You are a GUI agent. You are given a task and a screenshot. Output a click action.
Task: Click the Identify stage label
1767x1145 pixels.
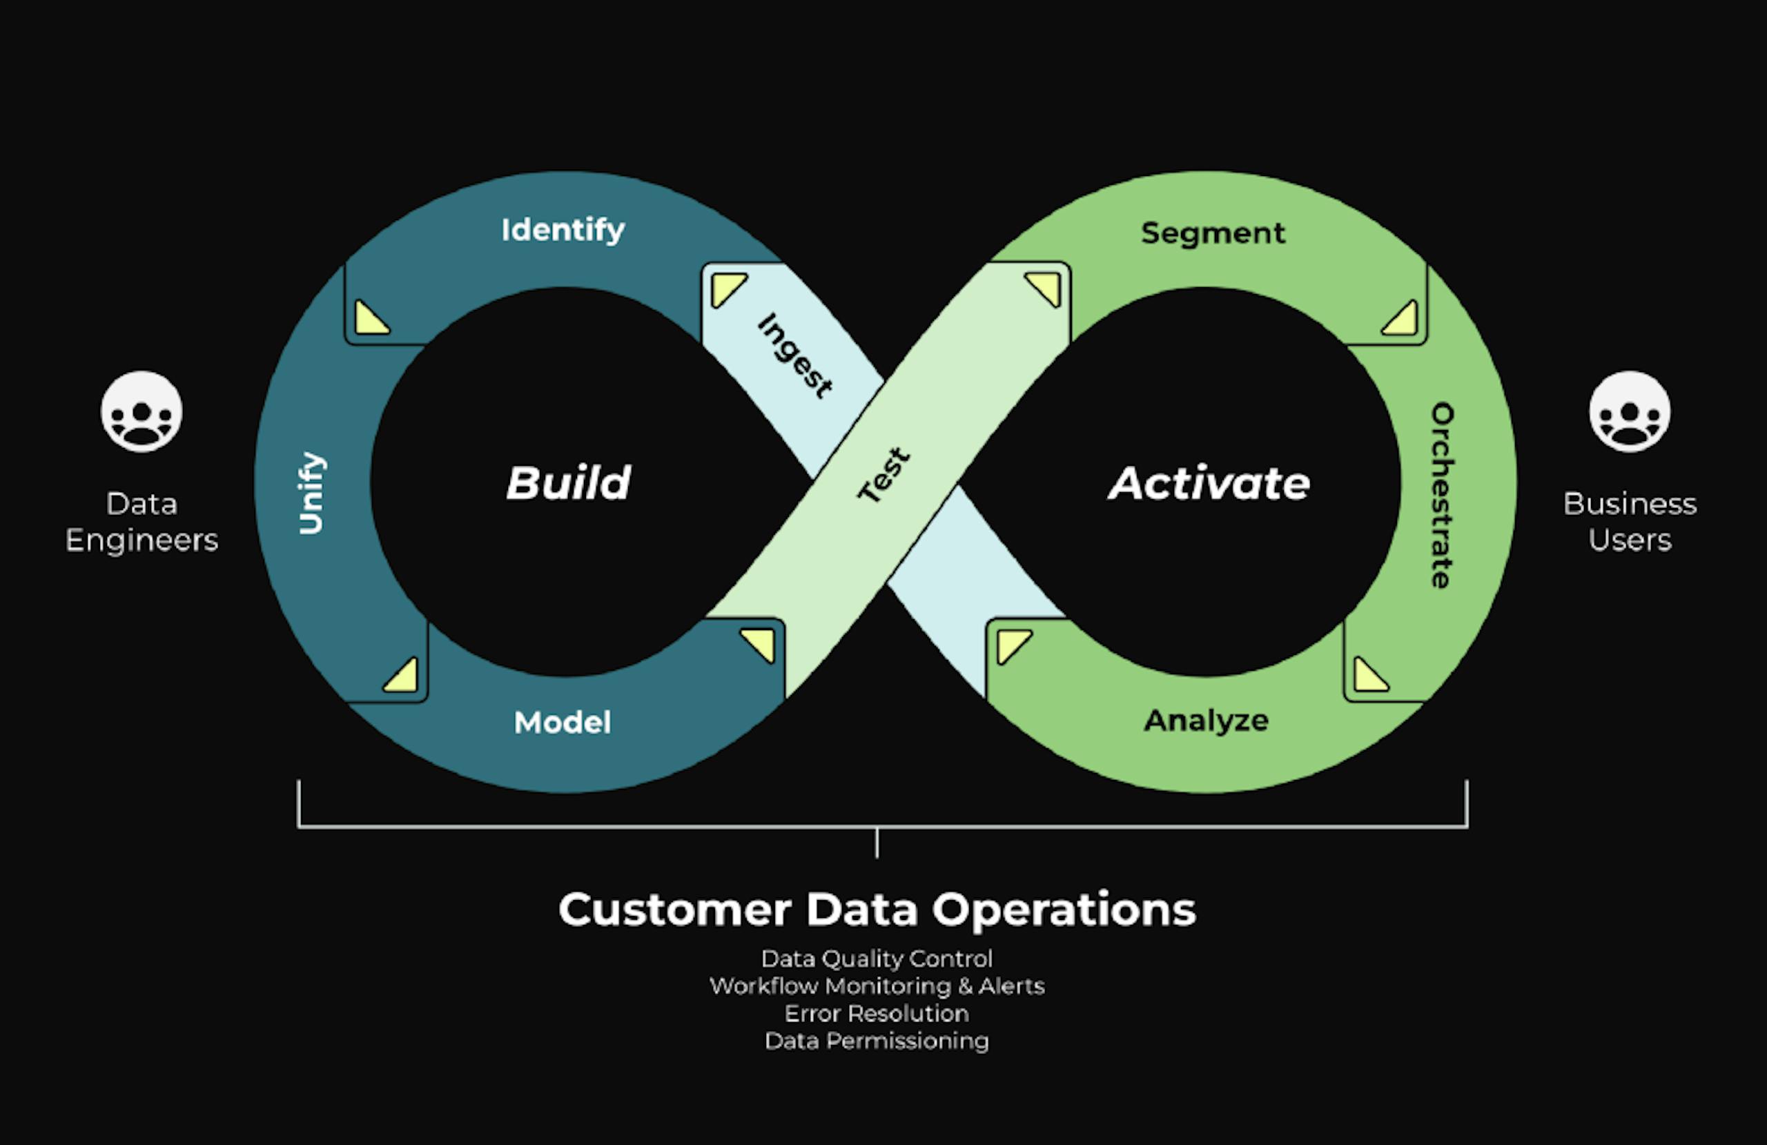(563, 231)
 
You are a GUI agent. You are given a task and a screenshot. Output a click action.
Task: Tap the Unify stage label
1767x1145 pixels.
(312, 493)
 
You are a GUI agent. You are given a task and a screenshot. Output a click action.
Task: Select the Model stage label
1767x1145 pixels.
(563, 723)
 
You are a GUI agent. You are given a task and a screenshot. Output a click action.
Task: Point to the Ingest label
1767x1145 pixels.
(795, 355)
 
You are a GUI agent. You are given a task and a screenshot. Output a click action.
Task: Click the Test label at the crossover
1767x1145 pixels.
(883, 476)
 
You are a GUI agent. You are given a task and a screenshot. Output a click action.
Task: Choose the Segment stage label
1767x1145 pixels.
(1213, 233)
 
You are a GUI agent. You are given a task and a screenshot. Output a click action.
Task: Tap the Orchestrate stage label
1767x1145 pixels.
(1442, 496)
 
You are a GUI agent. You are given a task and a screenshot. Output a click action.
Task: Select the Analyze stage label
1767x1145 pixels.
(1207, 721)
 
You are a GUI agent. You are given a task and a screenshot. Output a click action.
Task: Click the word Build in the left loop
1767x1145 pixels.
(569, 483)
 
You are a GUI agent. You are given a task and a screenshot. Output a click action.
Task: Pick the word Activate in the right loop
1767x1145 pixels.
(1209, 483)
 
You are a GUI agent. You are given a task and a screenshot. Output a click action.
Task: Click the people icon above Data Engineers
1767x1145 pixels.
(141, 412)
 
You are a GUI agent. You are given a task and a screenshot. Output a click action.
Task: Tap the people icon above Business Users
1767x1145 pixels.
(1630, 412)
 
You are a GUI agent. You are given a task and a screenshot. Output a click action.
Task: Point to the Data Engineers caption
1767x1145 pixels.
(141, 522)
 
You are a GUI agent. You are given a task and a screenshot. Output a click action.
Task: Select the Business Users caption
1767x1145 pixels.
(1630, 522)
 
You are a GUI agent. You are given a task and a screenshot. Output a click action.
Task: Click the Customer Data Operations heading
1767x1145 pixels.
(877, 910)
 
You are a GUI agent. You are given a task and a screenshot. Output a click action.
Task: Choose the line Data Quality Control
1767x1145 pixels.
(877, 959)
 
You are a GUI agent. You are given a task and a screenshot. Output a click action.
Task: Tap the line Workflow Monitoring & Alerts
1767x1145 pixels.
(877, 986)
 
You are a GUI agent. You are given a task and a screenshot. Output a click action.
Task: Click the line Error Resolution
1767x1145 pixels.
(877, 1014)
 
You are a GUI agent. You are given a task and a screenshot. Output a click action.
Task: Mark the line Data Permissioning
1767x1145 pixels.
(877, 1041)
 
